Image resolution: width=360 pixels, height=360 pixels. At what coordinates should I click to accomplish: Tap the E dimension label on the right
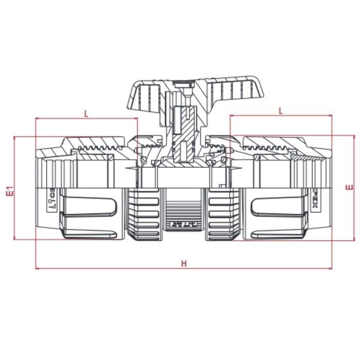[x=350, y=187]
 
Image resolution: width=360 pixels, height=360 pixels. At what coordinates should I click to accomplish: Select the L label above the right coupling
[x=280, y=111]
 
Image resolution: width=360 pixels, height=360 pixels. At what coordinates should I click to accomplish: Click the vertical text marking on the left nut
[x=52, y=198]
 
